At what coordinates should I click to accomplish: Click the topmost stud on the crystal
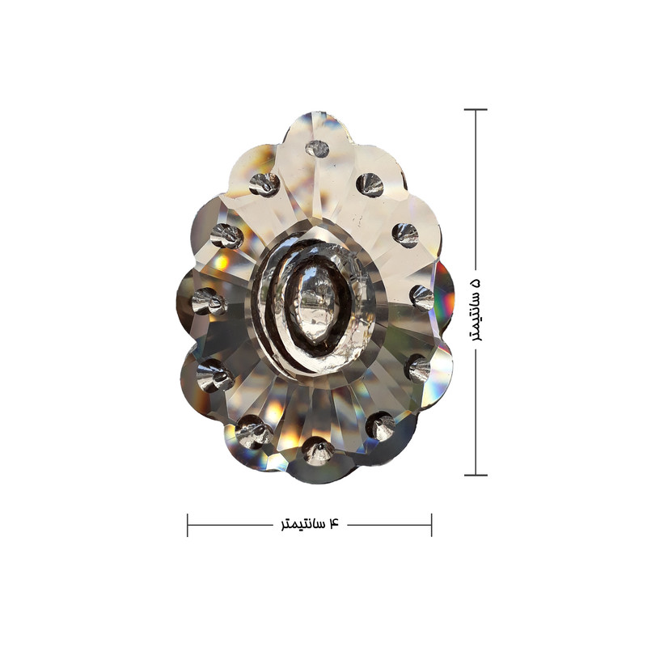pyautogui.click(x=317, y=149)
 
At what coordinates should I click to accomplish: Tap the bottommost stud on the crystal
pyautogui.click(x=318, y=451)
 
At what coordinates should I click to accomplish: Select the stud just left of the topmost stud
pyautogui.click(x=264, y=184)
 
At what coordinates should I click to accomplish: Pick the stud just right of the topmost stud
pyautogui.click(x=370, y=184)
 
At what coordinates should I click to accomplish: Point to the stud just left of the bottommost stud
pyautogui.click(x=253, y=432)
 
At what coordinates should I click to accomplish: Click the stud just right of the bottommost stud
pyautogui.click(x=381, y=427)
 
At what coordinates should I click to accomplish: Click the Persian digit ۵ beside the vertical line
pyautogui.click(x=476, y=284)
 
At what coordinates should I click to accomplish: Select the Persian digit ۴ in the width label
pyautogui.click(x=333, y=523)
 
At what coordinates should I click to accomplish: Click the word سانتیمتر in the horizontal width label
pyautogui.click(x=302, y=524)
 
